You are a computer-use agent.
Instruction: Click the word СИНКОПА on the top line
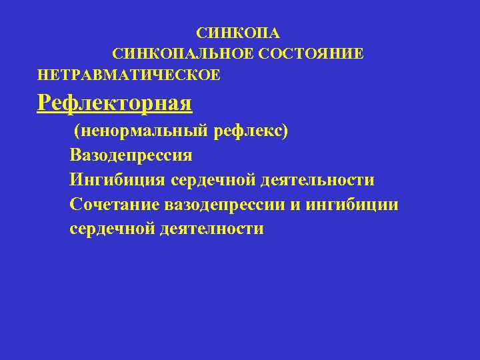click(x=239, y=33)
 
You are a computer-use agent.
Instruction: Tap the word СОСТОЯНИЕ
click(x=312, y=53)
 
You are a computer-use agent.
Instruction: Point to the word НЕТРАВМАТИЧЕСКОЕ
click(x=129, y=75)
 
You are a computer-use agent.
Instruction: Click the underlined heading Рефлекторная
click(x=115, y=103)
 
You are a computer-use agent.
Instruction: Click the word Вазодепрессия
click(x=131, y=156)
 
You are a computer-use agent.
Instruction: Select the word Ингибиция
click(x=117, y=180)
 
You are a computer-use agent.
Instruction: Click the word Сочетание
click(x=112, y=205)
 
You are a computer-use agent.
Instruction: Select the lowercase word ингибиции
click(x=353, y=205)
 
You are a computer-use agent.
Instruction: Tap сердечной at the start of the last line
click(x=112, y=229)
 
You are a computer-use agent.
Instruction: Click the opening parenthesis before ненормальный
click(x=77, y=131)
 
